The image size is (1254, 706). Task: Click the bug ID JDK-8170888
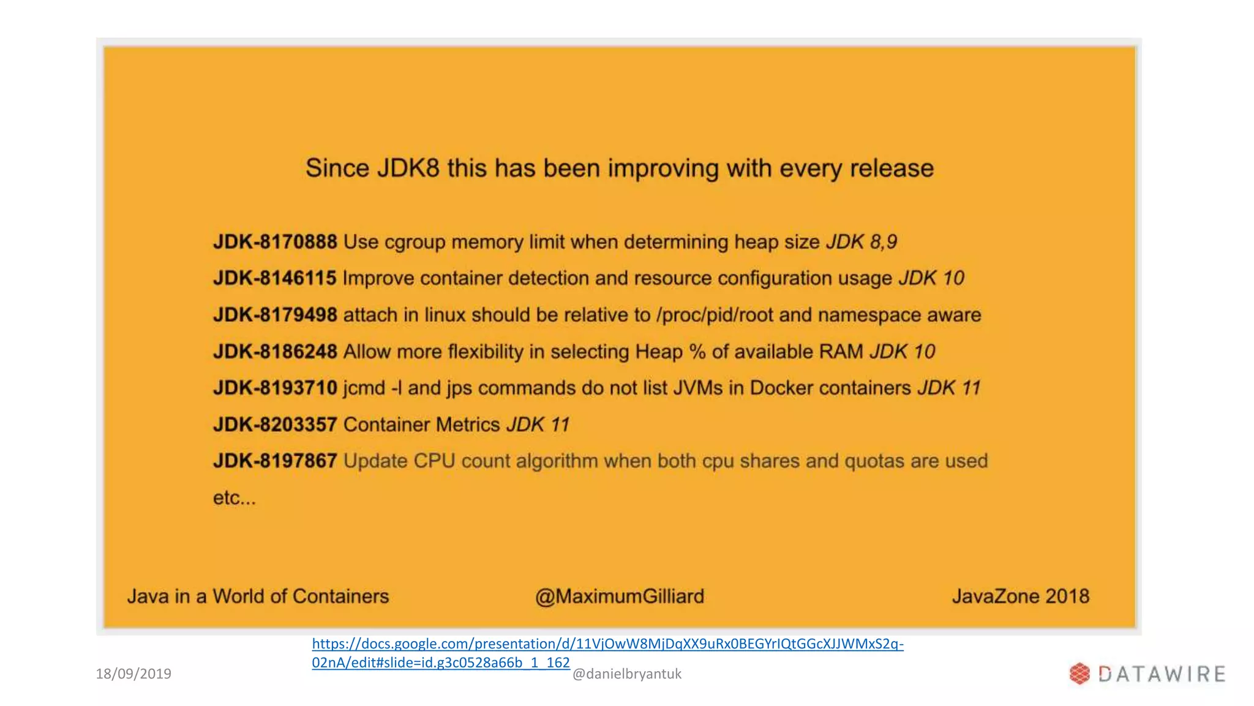pyautogui.click(x=275, y=242)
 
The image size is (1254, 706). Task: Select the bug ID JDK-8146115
pyautogui.click(x=275, y=278)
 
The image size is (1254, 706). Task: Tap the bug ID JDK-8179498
pyautogui.click(x=275, y=315)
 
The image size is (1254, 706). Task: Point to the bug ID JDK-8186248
pyautogui.click(x=275, y=352)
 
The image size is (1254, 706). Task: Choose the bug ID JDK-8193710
pyautogui.click(x=275, y=388)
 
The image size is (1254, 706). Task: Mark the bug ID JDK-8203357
pyautogui.click(x=275, y=425)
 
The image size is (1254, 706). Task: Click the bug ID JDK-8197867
pyautogui.click(x=275, y=461)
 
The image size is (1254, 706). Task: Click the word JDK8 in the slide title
pyautogui.click(x=408, y=169)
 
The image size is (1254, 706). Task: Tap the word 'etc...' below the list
pyautogui.click(x=234, y=498)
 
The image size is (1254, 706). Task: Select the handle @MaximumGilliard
pyautogui.click(x=620, y=596)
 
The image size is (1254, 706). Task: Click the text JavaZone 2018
pyautogui.click(x=1021, y=596)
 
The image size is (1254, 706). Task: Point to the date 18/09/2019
pyautogui.click(x=133, y=674)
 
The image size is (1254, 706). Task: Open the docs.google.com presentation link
pyautogui.click(x=607, y=644)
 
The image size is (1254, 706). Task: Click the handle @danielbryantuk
pyautogui.click(x=626, y=674)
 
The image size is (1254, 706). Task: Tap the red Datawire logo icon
pyautogui.click(x=1079, y=674)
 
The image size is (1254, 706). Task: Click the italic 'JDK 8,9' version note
pyautogui.click(x=862, y=242)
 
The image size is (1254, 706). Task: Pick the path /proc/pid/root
pyautogui.click(x=714, y=315)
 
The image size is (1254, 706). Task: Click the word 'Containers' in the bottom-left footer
pyautogui.click(x=340, y=596)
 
